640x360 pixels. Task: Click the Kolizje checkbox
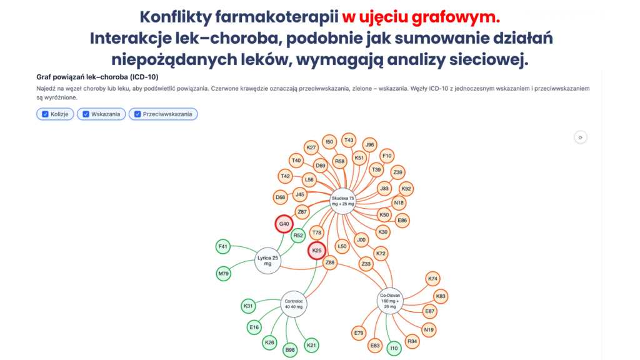[x=45, y=114]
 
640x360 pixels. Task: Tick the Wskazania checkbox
[x=86, y=114]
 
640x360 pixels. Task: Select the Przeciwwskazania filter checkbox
[x=137, y=114]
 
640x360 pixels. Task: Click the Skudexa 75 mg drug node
[x=343, y=201]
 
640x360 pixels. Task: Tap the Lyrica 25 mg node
[x=267, y=261]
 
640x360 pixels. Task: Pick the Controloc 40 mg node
[x=294, y=304]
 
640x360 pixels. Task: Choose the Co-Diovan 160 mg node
[x=390, y=301]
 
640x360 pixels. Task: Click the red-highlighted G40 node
[x=284, y=224]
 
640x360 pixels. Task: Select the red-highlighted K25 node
[x=317, y=250]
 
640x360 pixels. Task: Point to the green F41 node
[x=223, y=246]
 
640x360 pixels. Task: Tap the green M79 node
[x=223, y=274]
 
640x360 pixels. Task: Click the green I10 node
[x=394, y=348]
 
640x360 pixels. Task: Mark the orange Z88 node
[x=330, y=262]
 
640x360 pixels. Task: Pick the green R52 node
[x=298, y=235]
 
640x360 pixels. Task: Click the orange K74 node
[x=432, y=279]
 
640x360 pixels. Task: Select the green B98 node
[x=290, y=350]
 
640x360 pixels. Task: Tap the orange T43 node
[x=349, y=140]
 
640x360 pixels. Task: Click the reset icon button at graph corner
[x=581, y=137]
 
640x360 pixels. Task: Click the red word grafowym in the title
[x=456, y=17]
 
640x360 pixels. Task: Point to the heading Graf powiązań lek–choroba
[x=97, y=77]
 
